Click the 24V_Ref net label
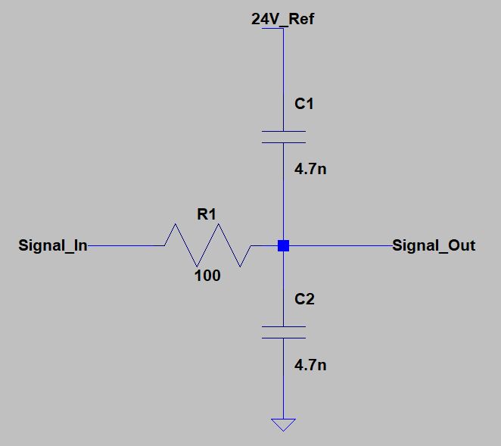tap(282, 19)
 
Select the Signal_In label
tap(52, 245)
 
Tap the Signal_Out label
tap(434, 245)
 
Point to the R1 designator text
tap(207, 214)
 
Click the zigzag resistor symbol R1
tap(207, 245)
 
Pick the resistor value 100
tap(207, 276)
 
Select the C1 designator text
tap(303, 104)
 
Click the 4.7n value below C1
tap(310, 169)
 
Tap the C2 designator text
tap(303, 299)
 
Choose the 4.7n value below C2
tap(310, 365)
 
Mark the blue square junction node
tap(283, 245)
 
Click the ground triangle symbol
tap(283, 424)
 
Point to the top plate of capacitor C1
tap(283, 131)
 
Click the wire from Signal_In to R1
tap(125, 245)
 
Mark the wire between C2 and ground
tap(283, 379)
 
